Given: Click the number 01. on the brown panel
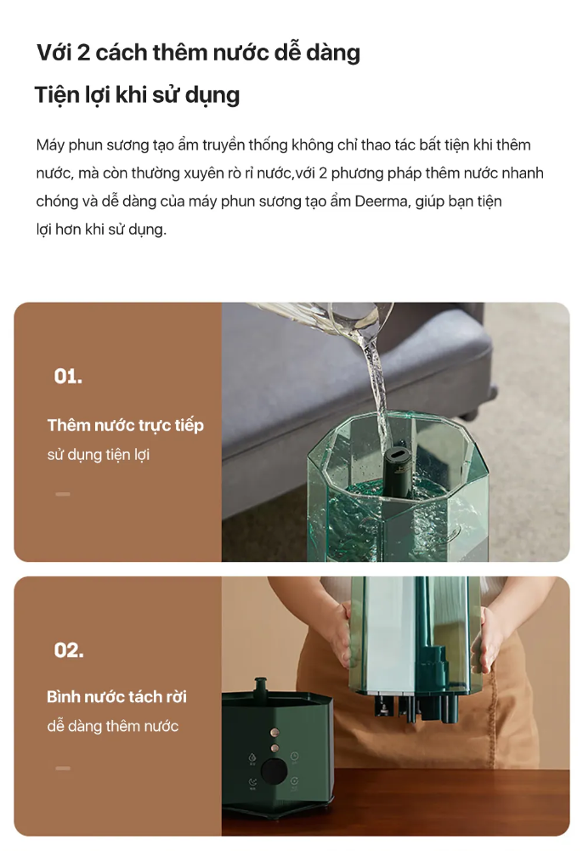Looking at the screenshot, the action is pyautogui.click(x=68, y=376).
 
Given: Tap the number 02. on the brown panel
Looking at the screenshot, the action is pyautogui.click(x=69, y=650).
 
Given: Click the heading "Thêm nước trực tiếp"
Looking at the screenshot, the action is pyautogui.click(x=125, y=425).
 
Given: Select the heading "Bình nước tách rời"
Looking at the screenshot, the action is pyautogui.click(x=116, y=697).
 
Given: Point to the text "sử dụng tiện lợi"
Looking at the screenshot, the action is pyautogui.click(x=99, y=455).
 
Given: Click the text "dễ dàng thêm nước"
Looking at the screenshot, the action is pyautogui.click(x=112, y=726).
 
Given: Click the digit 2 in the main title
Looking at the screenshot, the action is pyautogui.click(x=83, y=53).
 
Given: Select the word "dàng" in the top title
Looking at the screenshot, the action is pyautogui.click(x=333, y=54).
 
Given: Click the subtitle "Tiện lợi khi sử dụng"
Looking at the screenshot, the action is pyautogui.click(x=137, y=95).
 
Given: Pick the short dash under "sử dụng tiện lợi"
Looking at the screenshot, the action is pyautogui.click(x=63, y=494).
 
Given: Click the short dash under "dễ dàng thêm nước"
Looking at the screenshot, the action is pyautogui.click(x=63, y=768).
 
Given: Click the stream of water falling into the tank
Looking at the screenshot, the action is pyautogui.click(x=378, y=396).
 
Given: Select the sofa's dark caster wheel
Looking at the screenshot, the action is pyautogui.click(x=492, y=392).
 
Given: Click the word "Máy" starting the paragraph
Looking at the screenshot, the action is pyautogui.click(x=50, y=145).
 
